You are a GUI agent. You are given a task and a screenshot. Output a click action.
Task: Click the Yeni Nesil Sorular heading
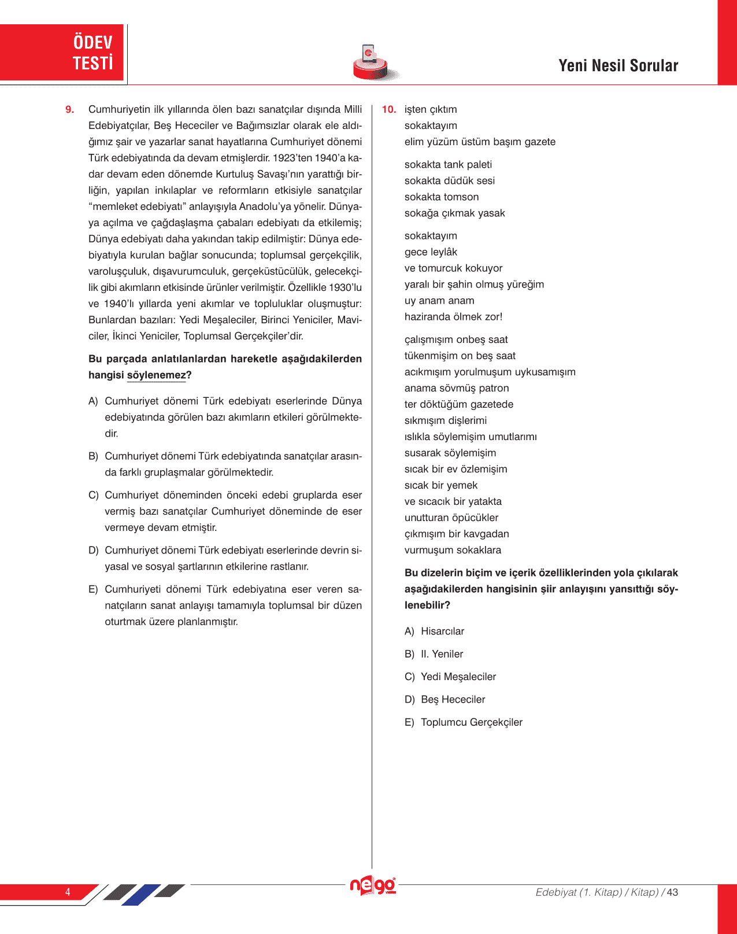[x=618, y=65]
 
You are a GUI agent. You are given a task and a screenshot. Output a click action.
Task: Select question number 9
[x=70, y=109]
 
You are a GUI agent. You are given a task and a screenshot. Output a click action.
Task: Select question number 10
[x=389, y=109]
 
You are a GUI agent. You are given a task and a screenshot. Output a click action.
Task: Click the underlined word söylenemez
[x=157, y=375]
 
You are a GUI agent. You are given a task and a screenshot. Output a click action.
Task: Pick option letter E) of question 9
[x=93, y=589]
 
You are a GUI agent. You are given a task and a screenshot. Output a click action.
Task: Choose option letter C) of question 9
[x=93, y=495]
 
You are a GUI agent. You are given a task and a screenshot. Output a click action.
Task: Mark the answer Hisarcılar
[x=442, y=632]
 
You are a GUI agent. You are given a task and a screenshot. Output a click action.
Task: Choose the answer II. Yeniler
[x=442, y=654]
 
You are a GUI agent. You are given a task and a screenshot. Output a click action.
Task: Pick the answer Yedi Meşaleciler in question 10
[x=458, y=677]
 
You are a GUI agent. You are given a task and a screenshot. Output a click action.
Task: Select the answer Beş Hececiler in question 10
[x=453, y=700]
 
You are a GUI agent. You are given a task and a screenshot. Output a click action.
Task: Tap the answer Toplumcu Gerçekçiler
[x=471, y=722]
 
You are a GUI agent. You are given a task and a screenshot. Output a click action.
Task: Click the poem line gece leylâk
[x=431, y=252]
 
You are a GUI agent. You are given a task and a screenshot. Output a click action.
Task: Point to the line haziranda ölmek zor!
[x=453, y=317]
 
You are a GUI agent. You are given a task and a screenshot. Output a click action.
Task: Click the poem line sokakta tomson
[x=442, y=197]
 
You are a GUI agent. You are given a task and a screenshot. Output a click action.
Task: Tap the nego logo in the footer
[x=373, y=885]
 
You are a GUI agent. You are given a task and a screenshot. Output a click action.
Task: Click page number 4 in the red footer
[x=68, y=892]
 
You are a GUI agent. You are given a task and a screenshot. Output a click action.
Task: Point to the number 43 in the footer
[x=672, y=892]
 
